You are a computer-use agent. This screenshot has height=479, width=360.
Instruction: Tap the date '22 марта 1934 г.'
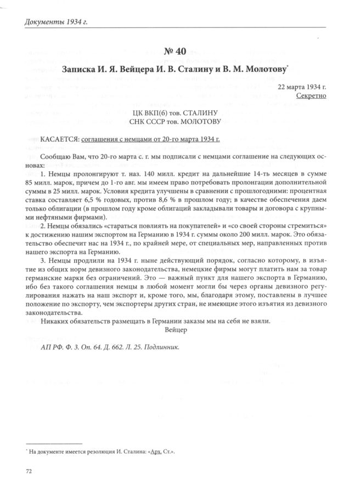[302, 87]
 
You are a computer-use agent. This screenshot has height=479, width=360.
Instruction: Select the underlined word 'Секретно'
[311, 95]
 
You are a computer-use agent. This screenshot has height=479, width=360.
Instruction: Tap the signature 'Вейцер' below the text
[176, 330]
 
